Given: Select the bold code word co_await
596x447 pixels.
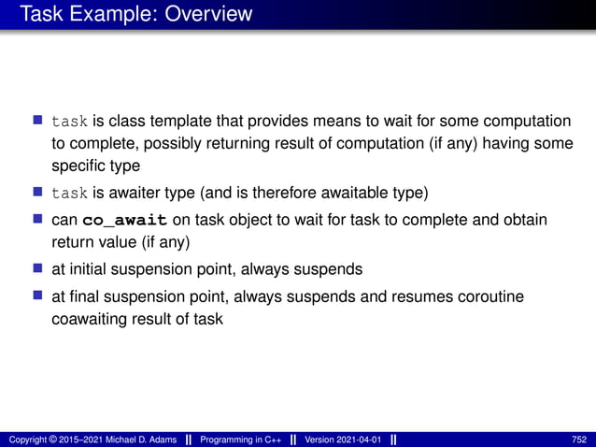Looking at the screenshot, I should coord(125,220).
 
